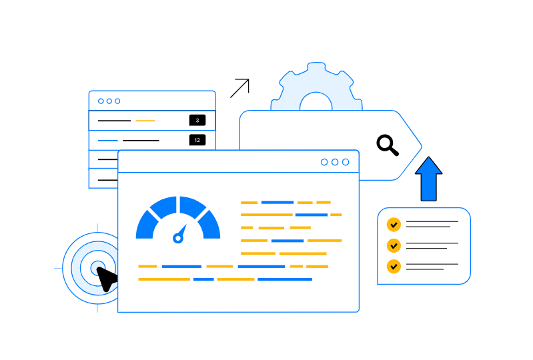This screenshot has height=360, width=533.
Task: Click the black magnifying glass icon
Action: [386, 143]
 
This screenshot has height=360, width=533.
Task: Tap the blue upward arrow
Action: [428, 179]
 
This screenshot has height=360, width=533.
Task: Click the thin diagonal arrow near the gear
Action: [239, 88]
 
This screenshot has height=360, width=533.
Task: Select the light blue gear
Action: [316, 87]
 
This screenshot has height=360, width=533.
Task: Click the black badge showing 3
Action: [197, 120]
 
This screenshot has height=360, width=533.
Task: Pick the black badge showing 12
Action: [197, 140]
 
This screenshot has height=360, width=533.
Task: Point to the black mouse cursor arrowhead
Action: [106, 277]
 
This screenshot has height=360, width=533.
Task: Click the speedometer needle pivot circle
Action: [178, 237]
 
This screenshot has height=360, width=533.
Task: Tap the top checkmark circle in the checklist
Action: [394, 224]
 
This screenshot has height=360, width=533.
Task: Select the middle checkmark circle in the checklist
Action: [394, 245]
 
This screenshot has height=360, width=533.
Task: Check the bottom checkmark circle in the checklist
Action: [394, 266]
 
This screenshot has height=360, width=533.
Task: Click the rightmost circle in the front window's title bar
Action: [346, 162]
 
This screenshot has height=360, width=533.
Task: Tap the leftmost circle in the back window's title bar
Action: [101, 101]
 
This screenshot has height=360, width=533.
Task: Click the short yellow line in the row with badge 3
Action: [145, 121]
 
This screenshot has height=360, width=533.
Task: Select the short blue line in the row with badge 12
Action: [107, 141]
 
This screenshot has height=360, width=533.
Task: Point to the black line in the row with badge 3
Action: [114, 121]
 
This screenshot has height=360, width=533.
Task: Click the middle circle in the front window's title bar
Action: [335, 162]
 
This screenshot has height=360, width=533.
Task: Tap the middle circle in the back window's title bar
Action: [109, 101]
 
